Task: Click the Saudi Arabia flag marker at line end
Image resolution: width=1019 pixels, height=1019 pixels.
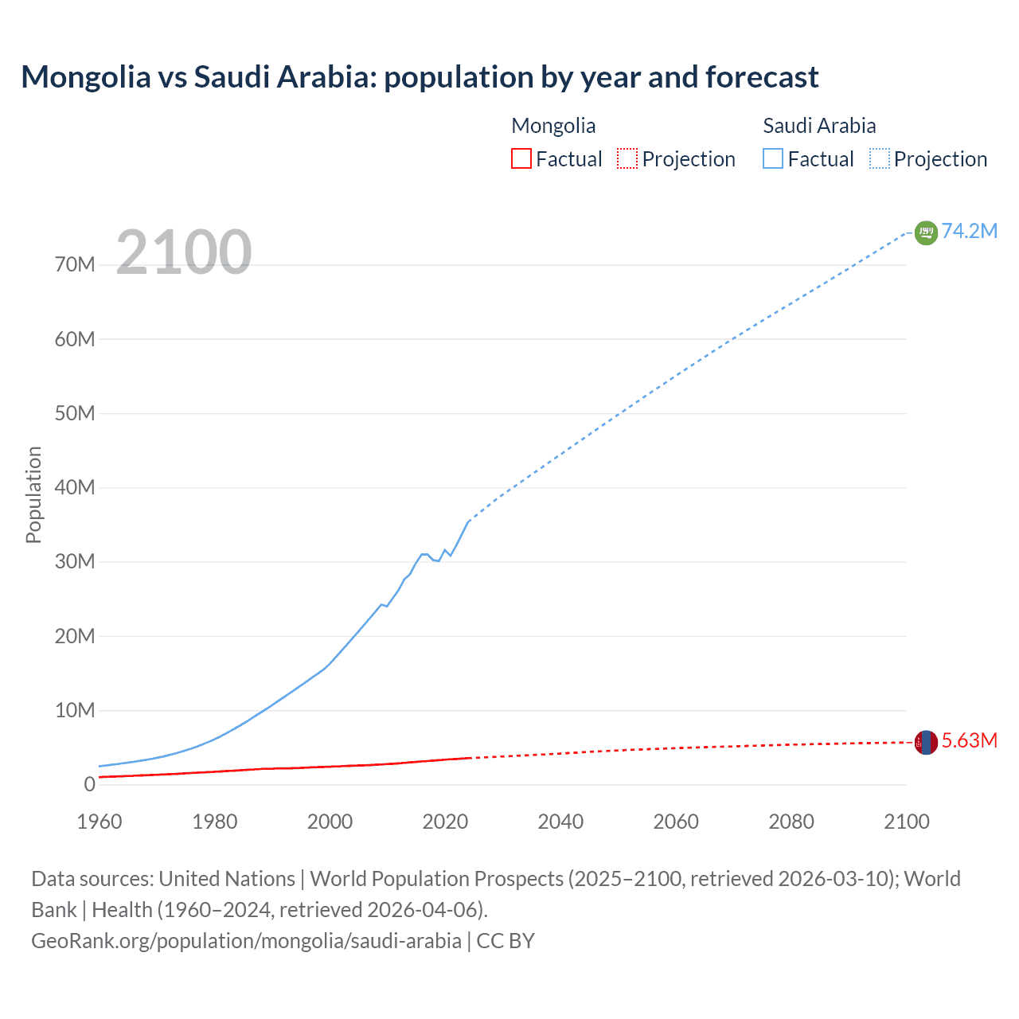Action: [x=926, y=232]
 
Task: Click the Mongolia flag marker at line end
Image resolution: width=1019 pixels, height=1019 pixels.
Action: [x=926, y=742]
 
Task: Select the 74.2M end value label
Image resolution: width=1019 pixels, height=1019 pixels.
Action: [x=969, y=231]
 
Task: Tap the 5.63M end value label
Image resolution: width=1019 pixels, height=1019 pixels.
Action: [x=969, y=740]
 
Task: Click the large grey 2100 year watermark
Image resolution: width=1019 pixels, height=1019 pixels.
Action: [x=184, y=252]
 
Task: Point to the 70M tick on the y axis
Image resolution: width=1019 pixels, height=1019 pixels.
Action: [x=75, y=264]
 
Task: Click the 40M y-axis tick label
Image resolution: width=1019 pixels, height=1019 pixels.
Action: [x=75, y=487]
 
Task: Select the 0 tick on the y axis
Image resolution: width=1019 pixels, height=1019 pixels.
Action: [x=89, y=784]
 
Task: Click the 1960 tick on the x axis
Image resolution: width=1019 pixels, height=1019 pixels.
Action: [x=100, y=822]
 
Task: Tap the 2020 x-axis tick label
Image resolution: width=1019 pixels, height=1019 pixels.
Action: [x=445, y=822]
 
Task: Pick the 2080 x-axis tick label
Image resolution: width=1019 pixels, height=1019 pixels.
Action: [x=791, y=822]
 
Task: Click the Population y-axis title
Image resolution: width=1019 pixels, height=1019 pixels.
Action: [x=33, y=494]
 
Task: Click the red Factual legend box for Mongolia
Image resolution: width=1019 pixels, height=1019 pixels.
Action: [x=521, y=159]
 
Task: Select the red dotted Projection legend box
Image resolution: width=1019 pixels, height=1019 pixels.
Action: [x=627, y=159]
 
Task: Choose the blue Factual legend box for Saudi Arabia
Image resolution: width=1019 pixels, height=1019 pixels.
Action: [x=773, y=159]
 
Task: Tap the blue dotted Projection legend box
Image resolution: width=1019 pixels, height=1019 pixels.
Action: [x=880, y=159]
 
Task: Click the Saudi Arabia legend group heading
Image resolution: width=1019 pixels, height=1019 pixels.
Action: [x=819, y=126]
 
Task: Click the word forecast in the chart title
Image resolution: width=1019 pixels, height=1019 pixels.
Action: [x=762, y=77]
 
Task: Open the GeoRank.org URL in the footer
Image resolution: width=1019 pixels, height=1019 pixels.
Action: [x=246, y=941]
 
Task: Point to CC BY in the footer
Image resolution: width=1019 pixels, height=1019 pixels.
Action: [x=506, y=941]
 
